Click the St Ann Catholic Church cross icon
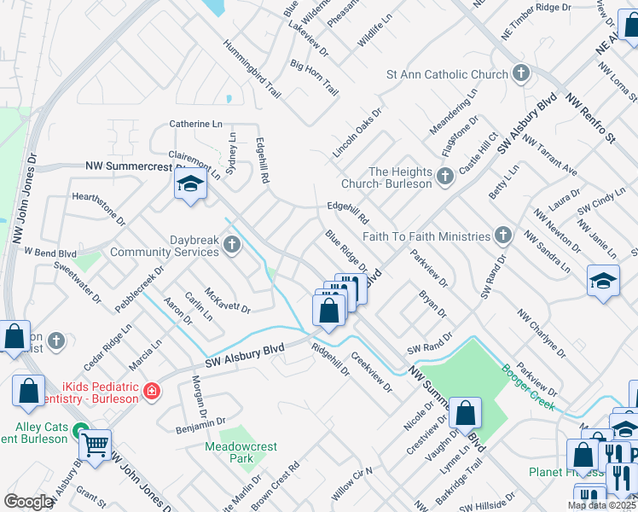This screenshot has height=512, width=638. pos(522,74)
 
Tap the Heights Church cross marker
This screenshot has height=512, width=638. pos(444,177)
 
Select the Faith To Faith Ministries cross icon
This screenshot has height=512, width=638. pos(503,236)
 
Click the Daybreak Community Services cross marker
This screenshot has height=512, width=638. pos(230,247)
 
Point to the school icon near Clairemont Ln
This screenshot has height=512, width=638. pos(188,183)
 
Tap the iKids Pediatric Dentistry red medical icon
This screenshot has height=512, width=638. pos(152,392)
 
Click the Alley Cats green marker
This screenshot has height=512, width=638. pos(80,432)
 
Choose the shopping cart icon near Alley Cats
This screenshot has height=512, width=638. pos(95,444)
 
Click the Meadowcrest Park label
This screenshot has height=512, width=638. pos(229,451)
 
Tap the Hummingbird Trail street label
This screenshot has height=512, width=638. pos(252,68)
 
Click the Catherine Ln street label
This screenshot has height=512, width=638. pos(200,124)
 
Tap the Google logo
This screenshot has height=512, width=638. pos(28,502)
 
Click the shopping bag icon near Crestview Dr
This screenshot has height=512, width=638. pos(466,414)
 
